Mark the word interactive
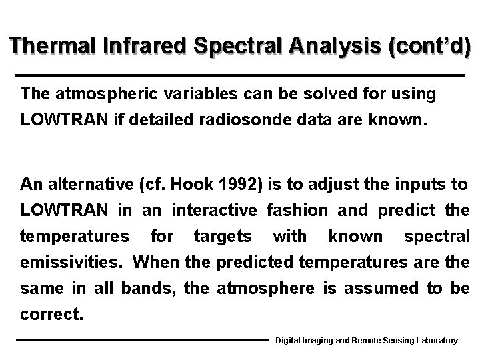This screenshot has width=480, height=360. [x=214, y=211]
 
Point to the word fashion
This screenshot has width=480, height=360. [x=297, y=211]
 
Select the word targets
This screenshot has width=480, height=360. [x=223, y=237]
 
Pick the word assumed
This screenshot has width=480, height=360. [x=369, y=288]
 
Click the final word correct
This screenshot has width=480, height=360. [x=51, y=314]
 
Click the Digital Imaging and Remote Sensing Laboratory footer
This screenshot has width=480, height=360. [x=367, y=341]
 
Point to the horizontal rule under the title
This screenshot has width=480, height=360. [x=239, y=75]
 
